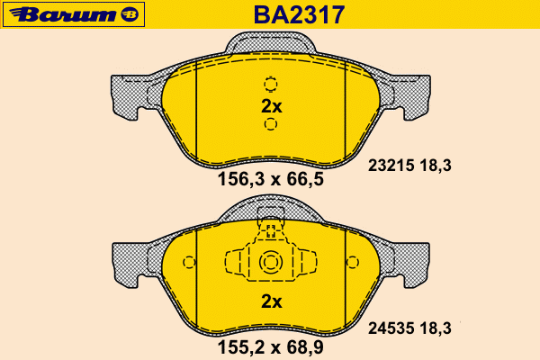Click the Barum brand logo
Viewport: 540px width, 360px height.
(x=74, y=14)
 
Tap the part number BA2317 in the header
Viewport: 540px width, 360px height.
(x=299, y=14)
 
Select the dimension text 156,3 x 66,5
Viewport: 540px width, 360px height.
(x=271, y=179)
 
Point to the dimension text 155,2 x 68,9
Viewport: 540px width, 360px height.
(x=271, y=347)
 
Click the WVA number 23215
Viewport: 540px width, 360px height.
(x=391, y=166)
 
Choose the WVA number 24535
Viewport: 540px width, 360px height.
(x=391, y=328)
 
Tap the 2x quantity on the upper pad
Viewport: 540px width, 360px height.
(x=272, y=106)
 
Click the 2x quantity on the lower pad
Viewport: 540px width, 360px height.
(x=272, y=301)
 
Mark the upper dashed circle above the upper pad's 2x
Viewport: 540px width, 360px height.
(x=271, y=84)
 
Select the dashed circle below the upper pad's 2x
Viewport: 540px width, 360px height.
(x=271, y=123)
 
